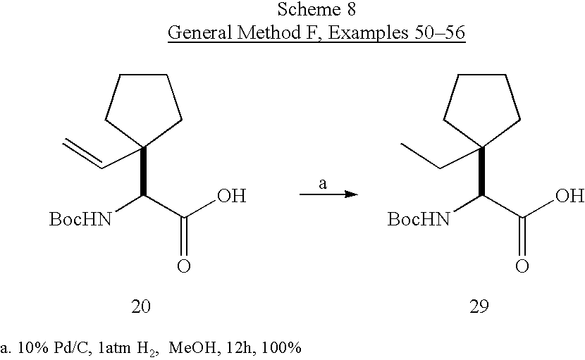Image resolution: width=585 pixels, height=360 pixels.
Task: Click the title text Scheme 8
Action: coord(316,9)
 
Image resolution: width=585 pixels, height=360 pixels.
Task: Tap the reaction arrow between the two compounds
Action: coord(328,194)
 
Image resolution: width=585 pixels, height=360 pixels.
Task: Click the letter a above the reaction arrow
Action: coord(323,184)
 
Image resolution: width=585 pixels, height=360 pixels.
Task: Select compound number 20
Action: coord(141,306)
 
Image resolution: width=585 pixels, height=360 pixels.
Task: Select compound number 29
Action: coord(479,306)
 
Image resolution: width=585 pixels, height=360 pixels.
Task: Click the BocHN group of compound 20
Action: coord(80,219)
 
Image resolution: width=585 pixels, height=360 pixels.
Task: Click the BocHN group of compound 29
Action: coord(419,219)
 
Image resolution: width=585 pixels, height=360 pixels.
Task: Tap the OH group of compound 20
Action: coord(232,195)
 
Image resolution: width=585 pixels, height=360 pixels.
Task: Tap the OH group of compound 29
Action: coord(569,195)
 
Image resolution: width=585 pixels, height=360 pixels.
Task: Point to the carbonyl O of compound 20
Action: coord(183,266)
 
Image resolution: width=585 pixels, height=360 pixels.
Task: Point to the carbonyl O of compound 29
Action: coord(522,266)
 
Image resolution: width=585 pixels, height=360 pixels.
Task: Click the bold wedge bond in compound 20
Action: coord(143,172)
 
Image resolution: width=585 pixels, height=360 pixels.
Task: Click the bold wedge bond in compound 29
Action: coord(481,172)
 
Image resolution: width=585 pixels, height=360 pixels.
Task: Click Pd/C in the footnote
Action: coord(71,348)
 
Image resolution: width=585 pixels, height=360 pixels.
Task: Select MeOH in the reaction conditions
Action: coord(192,348)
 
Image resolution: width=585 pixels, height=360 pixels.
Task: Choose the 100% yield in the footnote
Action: coord(281,348)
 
